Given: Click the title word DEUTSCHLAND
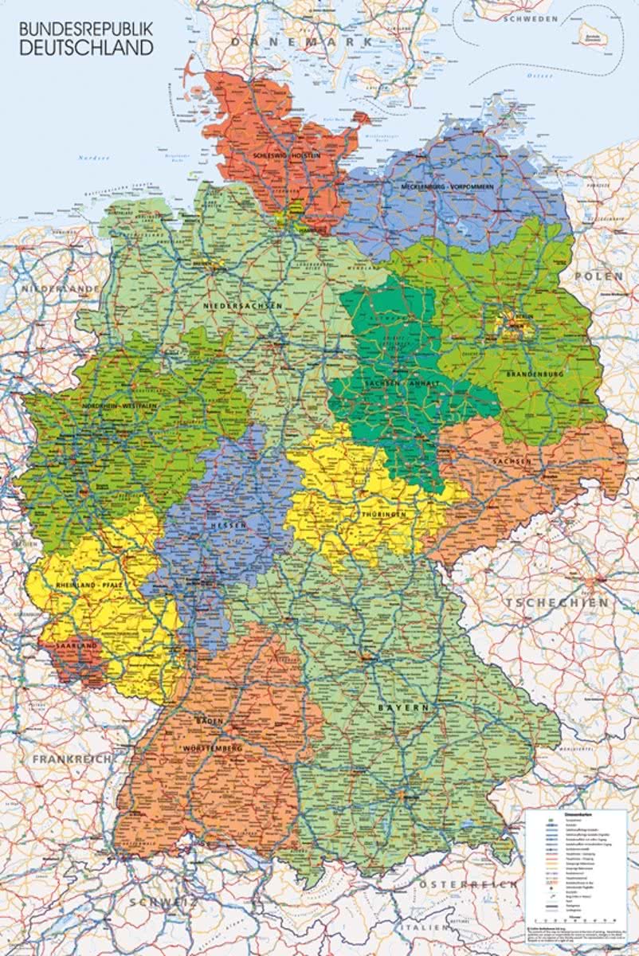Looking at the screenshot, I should [86, 48].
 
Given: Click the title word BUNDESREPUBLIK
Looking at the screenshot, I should [86, 28].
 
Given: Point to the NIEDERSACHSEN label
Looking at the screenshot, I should [243, 306].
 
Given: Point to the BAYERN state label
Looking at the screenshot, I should [404, 707].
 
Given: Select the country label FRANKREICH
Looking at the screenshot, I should [71, 759].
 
